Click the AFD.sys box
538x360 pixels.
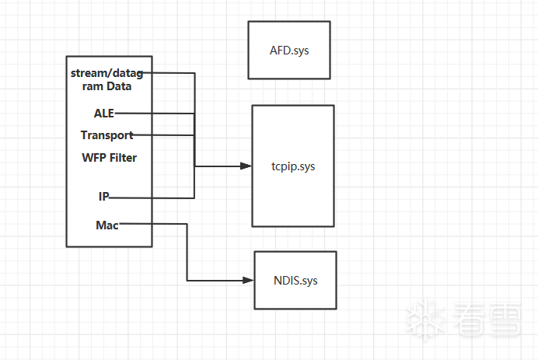(289, 50)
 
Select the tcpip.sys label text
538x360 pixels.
(293, 166)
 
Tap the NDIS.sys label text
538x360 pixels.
(295, 280)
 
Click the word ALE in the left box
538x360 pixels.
(103, 113)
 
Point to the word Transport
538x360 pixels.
(107, 135)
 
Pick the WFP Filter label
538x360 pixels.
(109, 158)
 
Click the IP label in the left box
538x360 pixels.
(103, 197)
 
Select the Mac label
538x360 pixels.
(107, 225)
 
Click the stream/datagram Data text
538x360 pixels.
(107, 80)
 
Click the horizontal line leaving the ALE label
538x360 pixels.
(155, 113)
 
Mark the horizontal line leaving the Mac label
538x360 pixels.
(155, 224)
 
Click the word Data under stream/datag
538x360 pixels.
(119, 86)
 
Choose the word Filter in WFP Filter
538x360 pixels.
(123, 158)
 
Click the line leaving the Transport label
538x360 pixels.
(163, 135)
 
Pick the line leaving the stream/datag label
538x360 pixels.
(171, 74)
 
